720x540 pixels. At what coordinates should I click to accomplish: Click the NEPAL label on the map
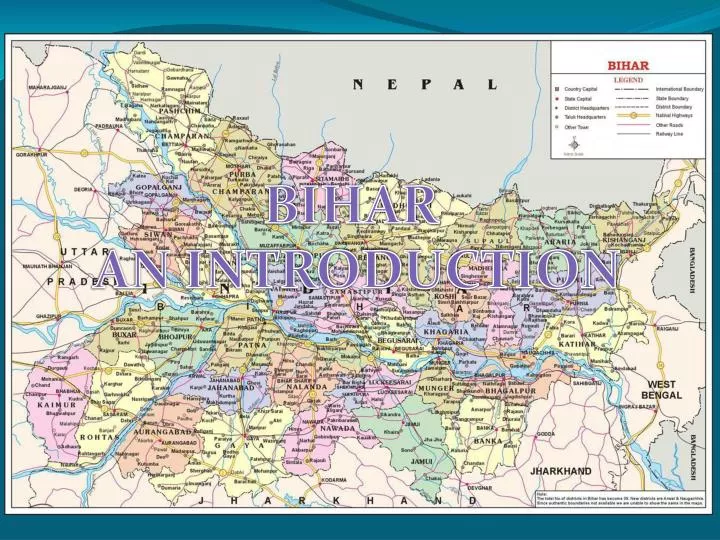coord(425,84)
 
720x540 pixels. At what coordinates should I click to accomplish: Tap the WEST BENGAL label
coord(663,389)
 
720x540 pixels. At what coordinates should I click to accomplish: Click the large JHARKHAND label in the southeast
coord(560,470)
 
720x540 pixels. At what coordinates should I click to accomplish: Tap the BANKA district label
coord(488,441)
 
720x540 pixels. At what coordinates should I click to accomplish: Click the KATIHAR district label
coord(577,345)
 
